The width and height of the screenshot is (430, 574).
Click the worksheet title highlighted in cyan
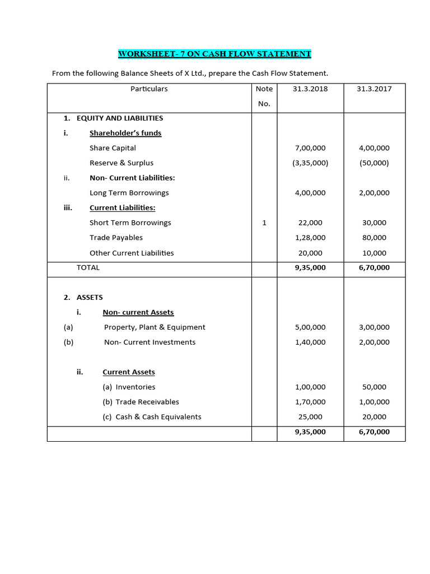(214, 54)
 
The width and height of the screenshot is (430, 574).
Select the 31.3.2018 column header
(310, 89)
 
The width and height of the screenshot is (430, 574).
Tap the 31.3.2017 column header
(373, 89)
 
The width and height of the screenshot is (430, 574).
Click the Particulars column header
(149, 89)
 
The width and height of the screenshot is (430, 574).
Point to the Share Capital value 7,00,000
(310, 148)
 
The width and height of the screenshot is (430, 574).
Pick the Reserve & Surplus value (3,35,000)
(310, 163)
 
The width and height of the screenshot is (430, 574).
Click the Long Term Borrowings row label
(129, 193)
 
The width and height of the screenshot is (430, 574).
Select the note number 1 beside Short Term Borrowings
(264, 223)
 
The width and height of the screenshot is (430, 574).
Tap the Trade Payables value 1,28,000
(310, 238)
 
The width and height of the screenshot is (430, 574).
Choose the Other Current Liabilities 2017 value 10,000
(374, 253)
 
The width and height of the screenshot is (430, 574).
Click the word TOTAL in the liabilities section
(88, 267)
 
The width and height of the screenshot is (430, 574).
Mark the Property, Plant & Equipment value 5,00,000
(310, 327)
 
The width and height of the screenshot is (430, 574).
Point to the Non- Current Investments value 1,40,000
(310, 342)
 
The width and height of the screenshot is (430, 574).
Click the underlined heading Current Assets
(129, 372)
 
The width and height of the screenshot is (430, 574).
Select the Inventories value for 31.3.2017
(374, 387)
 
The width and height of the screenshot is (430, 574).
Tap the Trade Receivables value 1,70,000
(310, 402)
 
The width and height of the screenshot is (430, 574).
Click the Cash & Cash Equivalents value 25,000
(310, 417)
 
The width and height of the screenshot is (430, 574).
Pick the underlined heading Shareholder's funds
(125, 133)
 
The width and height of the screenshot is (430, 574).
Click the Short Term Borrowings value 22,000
(310, 223)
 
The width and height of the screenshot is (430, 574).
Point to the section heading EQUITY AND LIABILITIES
(119, 118)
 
